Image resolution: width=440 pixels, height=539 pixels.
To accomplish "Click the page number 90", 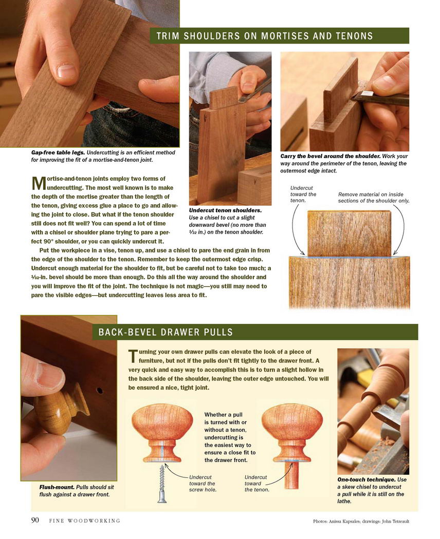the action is [35, 519].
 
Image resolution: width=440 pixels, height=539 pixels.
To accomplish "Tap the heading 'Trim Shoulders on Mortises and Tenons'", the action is [265, 36].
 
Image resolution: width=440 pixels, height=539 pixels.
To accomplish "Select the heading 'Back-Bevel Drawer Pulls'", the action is [166, 332].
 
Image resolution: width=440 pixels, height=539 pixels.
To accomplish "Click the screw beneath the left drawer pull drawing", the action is [162, 484].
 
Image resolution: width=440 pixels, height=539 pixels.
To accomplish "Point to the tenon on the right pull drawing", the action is [291, 475].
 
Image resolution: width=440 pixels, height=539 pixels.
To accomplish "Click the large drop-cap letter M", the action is [39, 184].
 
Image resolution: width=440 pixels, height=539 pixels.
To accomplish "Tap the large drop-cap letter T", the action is [133, 356].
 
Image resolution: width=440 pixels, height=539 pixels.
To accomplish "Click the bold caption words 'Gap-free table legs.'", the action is [58, 152].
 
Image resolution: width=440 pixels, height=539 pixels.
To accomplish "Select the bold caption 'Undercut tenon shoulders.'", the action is [225, 210].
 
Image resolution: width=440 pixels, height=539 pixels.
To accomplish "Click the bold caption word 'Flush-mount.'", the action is [57, 487].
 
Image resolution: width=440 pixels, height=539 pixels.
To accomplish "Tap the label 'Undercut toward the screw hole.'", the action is [203, 484].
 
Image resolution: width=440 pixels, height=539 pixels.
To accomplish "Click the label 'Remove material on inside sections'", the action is [374, 197].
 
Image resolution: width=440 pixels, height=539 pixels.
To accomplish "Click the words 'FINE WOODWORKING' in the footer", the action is [85, 521].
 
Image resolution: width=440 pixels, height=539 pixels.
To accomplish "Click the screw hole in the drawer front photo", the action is [100, 391].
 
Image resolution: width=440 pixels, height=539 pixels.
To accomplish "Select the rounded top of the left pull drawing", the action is [162, 422].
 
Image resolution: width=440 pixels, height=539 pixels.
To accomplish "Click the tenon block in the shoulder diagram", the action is [349, 234].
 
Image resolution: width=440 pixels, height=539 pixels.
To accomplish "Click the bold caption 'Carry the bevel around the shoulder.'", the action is [330, 157].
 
